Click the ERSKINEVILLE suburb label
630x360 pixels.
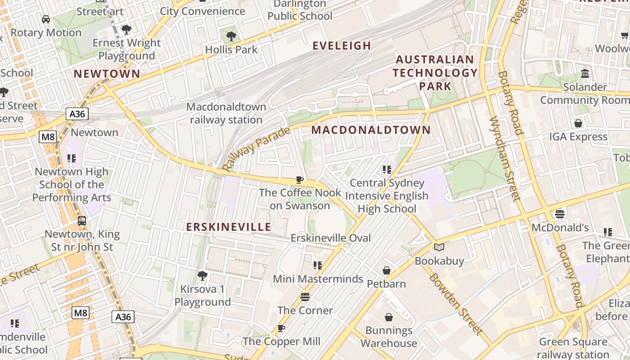tap(229, 227)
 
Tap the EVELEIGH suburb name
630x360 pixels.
tap(342, 45)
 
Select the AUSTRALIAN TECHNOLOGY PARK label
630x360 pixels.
tap(435, 72)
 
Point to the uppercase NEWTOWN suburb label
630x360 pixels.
tap(107, 74)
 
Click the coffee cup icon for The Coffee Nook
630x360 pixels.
tap(300, 180)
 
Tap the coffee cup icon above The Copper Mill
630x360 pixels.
tap(281, 328)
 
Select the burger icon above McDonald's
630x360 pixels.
tap(559, 214)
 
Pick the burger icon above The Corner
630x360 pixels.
tap(305, 297)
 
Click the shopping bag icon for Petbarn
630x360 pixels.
tap(386, 270)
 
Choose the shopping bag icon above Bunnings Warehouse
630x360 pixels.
tap(388, 317)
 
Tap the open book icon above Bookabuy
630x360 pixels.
tap(439, 247)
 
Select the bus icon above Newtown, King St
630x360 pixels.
tap(82, 221)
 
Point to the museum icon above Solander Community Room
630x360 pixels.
tap(585, 73)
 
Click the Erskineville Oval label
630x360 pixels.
tap(331, 238)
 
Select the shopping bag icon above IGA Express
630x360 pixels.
tap(578, 123)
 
